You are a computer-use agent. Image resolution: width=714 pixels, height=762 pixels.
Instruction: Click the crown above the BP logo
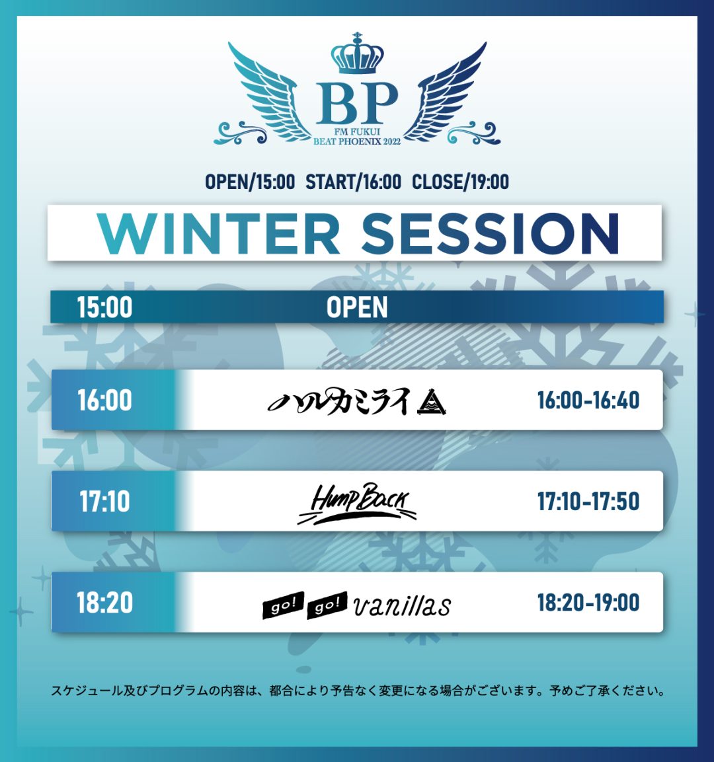[x=357, y=54]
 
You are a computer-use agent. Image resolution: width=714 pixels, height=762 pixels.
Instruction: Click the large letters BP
[x=357, y=104]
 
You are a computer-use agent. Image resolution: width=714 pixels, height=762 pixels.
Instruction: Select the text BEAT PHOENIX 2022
[x=357, y=141]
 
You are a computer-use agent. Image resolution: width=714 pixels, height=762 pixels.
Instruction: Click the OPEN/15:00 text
[x=250, y=182]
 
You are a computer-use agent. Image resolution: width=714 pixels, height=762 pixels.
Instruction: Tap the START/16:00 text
[x=353, y=182]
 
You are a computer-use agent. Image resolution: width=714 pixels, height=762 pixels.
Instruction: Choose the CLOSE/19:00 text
[x=460, y=182]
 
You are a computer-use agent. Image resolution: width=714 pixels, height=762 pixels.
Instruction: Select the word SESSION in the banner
[x=491, y=233]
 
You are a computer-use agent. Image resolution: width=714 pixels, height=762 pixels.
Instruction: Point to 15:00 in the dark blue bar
[x=104, y=307]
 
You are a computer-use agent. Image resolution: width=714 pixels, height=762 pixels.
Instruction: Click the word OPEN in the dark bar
[x=357, y=307]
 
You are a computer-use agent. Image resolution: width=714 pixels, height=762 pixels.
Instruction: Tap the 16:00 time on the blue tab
[x=104, y=400]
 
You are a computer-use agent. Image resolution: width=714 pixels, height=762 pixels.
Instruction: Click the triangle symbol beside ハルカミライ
[x=431, y=404]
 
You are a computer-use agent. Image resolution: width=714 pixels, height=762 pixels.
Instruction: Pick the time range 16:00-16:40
[x=588, y=400]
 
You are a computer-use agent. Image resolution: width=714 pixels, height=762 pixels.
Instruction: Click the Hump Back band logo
[x=357, y=504]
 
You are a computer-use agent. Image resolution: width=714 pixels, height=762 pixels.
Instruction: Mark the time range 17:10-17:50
[x=588, y=502]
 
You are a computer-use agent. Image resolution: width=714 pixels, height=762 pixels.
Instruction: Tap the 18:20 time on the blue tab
[x=104, y=603]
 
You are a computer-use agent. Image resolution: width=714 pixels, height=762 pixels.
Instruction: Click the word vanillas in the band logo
[x=402, y=605]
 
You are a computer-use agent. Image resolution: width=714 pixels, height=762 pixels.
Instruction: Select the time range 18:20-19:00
[x=588, y=603]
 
